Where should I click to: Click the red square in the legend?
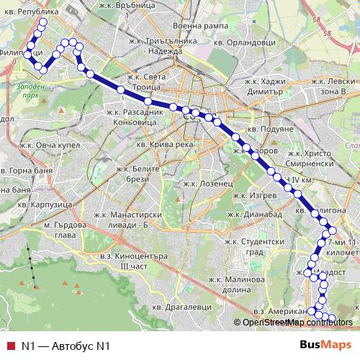[10, 346]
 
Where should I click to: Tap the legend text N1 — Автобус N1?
[65, 346]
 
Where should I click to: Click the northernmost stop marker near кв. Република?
[42, 22]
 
